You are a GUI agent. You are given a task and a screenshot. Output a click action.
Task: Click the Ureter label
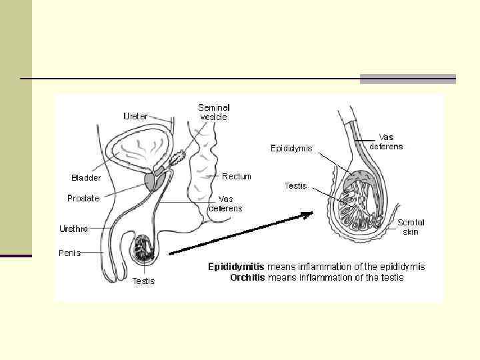click(x=135, y=116)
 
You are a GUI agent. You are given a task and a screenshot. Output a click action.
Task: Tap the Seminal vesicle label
click(x=213, y=112)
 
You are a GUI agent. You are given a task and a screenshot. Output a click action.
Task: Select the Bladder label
click(x=86, y=177)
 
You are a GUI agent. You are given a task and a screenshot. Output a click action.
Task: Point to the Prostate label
click(x=83, y=198)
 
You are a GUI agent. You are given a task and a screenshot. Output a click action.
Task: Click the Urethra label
click(x=73, y=229)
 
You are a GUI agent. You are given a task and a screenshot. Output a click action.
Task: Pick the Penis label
click(x=69, y=253)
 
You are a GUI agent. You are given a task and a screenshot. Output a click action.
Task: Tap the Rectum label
click(x=237, y=177)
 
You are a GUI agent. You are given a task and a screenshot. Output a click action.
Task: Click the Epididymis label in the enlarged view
click(x=291, y=149)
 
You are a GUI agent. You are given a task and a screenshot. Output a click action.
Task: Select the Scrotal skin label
click(x=411, y=227)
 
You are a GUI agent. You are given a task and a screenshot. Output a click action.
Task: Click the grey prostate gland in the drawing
click(x=151, y=180)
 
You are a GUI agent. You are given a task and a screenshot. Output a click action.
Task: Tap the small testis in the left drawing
click(x=144, y=248)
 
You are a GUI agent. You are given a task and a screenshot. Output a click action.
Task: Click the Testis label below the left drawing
click(x=143, y=281)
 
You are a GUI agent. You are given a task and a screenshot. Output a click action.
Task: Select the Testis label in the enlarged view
click(x=295, y=186)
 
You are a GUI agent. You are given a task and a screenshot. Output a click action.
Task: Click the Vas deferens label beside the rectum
click(x=225, y=203)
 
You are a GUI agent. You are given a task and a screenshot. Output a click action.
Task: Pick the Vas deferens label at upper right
click(x=386, y=142)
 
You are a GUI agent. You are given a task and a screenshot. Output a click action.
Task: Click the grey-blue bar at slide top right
click(x=407, y=79)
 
